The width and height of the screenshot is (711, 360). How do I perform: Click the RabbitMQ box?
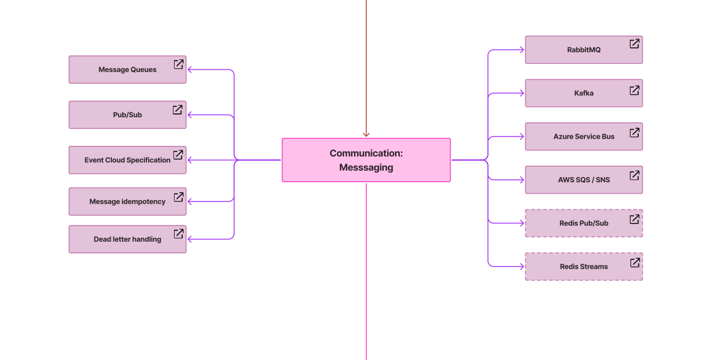[x=583, y=50]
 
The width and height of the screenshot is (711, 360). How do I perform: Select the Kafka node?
[x=583, y=93]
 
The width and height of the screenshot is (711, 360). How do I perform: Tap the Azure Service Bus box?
[x=583, y=137]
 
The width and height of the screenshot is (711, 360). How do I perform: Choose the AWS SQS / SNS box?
[x=583, y=180]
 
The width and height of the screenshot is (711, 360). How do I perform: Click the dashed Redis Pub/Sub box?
[x=583, y=223]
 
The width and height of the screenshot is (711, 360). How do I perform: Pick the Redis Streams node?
[x=583, y=266]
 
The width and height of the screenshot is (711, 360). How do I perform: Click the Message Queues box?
[x=127, y=69]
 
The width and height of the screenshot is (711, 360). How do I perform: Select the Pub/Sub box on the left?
[x=127, y=114]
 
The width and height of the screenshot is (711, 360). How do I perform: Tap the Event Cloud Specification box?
[x=127, y=160]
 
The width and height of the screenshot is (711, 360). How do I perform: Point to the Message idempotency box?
[x=127, y=201]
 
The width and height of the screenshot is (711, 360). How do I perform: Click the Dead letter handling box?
[x=127, y=239]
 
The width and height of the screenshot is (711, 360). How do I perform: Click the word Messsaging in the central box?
[x=366, y=167]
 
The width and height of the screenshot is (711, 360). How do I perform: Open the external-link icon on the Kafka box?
[x=634, y=90]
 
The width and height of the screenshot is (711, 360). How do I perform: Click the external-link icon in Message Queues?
[x=178, y=64]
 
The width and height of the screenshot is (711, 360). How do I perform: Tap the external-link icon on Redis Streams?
[x=634, y=263]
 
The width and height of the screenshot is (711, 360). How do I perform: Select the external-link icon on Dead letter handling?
[x=178, y=234]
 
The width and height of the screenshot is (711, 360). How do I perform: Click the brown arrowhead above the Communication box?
[x=366, y=134]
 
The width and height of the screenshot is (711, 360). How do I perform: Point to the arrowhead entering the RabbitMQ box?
[x=522, y=50]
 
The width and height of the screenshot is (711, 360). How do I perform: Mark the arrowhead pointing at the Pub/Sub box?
[x=191, y=114]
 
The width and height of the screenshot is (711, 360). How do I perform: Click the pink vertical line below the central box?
[x=366, y=275]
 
